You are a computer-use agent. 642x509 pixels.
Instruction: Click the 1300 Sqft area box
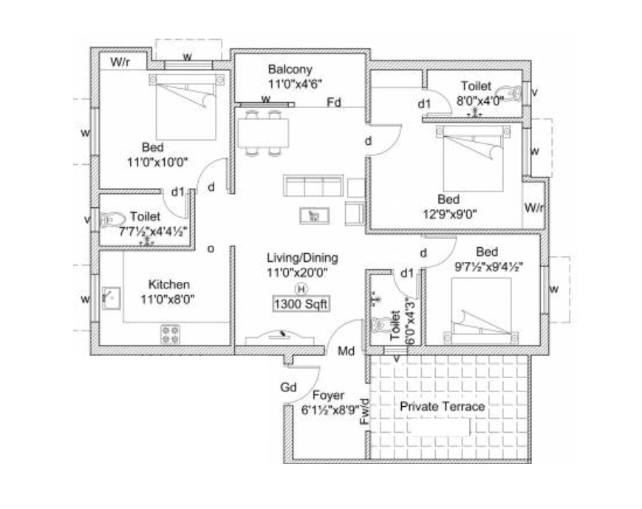coord(301,304)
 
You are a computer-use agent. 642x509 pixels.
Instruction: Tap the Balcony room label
coord(290,70)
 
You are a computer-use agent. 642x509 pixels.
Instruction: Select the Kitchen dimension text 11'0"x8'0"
coord(168,300)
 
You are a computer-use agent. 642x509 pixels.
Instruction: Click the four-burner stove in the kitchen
coord(171,334)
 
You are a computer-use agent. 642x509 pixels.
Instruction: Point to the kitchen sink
coord(111,298)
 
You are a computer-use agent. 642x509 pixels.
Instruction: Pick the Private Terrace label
coord(443,406)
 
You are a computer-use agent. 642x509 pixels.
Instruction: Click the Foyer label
coord(328,395)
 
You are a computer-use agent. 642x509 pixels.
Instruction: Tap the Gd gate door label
coord(288,387)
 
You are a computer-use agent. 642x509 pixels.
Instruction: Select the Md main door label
coord(346,351)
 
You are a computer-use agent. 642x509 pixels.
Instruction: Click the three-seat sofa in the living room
coord(313,186)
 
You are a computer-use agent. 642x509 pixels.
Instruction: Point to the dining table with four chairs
coord(263,133)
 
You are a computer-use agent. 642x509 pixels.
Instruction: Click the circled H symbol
coord(301,289)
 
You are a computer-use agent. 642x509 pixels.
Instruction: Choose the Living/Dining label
coord(303,257)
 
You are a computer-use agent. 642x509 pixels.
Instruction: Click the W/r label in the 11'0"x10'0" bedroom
coord(120,62)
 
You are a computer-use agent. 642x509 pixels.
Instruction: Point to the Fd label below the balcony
coord(334,102)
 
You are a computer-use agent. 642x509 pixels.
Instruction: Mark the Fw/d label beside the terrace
coord(365,412)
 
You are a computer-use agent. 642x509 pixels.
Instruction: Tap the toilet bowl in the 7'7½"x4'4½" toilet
coord(112,220)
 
